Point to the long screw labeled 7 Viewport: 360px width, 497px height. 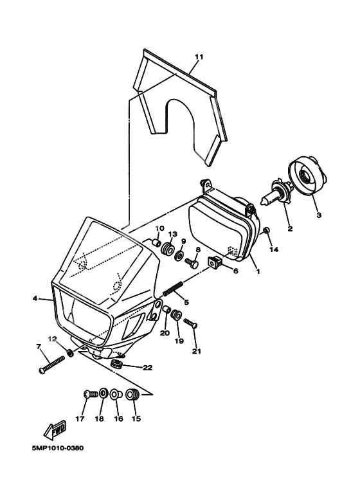51,365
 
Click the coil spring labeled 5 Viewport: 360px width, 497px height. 172,287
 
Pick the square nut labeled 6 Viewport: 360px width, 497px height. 215,262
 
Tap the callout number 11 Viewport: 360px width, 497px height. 199,57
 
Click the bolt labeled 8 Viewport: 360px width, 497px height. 192,263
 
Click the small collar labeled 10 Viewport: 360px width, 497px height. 156,243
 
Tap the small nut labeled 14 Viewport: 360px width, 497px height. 267,230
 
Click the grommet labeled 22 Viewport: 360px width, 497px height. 118,364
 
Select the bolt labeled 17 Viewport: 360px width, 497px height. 90,395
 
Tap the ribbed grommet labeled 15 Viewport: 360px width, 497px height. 133,395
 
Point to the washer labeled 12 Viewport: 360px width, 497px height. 70,352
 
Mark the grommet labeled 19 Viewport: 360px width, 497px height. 176,316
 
